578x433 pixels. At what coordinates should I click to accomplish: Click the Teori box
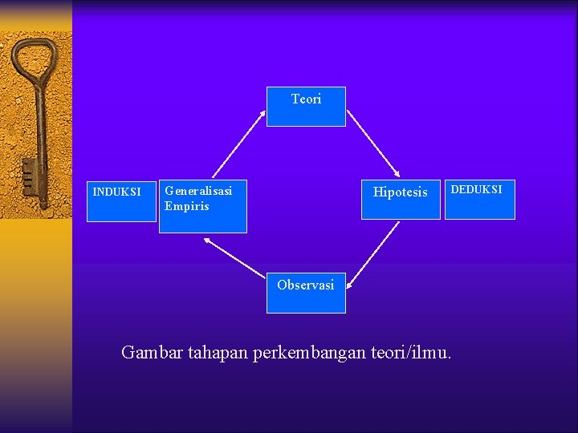tap(306, 107)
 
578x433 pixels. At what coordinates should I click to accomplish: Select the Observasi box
tap(306, 293)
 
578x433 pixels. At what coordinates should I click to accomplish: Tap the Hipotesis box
tap(401, 199)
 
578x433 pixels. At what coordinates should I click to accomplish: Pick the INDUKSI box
tap(121, 199)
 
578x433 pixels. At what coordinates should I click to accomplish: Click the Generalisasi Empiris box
tap(202, 207)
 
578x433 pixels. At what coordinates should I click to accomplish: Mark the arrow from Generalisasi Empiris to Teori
tap(238, 144)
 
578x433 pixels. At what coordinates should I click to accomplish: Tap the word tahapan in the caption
tap(217, 353)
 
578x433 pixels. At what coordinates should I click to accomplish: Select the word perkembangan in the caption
tap(309, 353)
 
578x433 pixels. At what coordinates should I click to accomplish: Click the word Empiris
tap(186, 206)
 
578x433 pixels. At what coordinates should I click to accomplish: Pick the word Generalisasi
tap(198, 191)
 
